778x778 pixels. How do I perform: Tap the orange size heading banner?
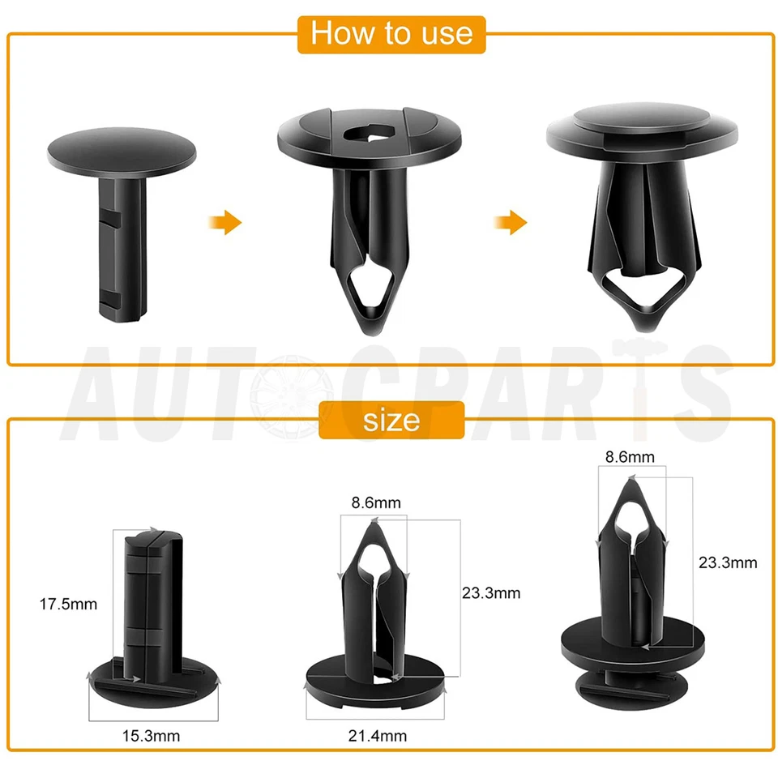point(391,420)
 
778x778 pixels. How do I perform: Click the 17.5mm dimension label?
point(68,604)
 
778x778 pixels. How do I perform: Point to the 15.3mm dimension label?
point(151,737)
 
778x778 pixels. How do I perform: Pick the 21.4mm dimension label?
point(378,737)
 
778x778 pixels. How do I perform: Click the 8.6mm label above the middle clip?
point(376,503)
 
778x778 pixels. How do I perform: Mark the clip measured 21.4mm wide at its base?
point(374,624)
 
